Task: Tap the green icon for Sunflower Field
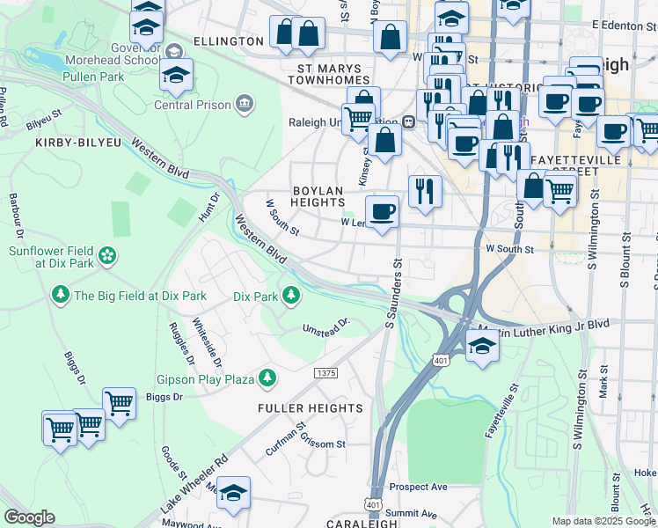point(107,255)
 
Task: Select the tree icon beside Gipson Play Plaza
point(266,378)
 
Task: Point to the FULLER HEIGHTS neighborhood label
point(310,408)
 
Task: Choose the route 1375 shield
point(325,373)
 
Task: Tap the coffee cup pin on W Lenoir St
point(382,212)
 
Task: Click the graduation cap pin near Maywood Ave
point(233,494)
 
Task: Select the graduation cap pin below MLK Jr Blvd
point(481,344)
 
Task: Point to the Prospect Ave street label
point(419,487)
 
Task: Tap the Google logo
point(29,517)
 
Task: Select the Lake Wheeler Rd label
point(194,484)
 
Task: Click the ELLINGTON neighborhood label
point(229,41)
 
